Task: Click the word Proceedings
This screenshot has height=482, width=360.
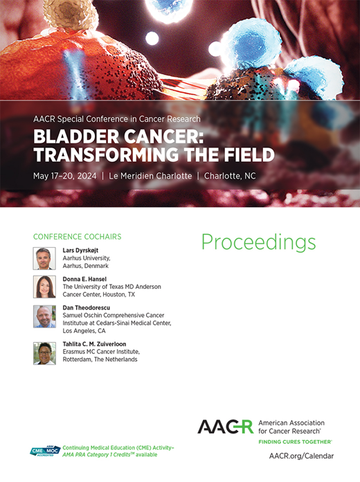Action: pos(258,242)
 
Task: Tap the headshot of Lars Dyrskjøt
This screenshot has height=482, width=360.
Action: pos(44,258)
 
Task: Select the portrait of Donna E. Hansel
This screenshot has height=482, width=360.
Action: pos(44,287)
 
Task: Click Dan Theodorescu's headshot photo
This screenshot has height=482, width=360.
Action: pos(44,316)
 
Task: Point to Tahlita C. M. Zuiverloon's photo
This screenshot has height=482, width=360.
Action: pos(44,353)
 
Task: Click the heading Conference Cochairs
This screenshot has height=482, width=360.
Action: pos(77,236)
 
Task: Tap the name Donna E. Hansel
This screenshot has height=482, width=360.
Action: pos(87,279)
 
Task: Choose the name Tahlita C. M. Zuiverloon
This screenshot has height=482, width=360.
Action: pos(105,346)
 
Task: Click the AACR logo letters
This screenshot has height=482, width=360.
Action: pos(224,427)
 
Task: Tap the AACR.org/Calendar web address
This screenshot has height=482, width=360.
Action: pos(301,456)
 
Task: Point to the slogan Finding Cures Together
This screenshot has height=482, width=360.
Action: pos(294,441)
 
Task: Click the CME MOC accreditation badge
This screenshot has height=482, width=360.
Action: pos(45,452)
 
